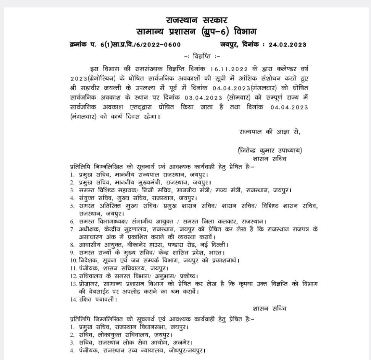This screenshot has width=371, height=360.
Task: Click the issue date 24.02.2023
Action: click(287, 45)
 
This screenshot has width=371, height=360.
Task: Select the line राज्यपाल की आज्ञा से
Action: click(270, 132)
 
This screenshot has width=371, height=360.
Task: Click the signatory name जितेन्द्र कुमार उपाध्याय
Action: click(269, 150)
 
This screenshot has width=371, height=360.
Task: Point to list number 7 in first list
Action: click(72, 229)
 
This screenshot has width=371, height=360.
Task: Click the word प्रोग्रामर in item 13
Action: click(89, 284)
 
